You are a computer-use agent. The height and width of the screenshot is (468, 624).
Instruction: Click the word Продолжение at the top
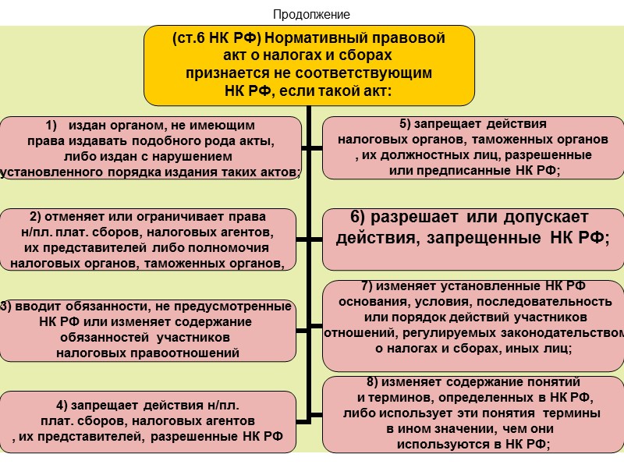[x=311, y=15]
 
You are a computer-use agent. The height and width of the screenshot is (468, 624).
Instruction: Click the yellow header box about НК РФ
[x=309, y=65]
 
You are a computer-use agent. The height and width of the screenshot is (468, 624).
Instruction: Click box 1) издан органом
[x=151, y=148]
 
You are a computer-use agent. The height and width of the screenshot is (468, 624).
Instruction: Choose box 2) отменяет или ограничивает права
[x=148, y=239]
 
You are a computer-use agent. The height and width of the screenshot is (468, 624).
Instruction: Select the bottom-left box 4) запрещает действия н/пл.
[x=148, y=421]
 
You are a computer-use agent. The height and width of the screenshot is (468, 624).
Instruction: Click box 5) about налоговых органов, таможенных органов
[x=473, y=148]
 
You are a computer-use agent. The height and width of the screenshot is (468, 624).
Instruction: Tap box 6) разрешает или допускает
[x=473, y=228]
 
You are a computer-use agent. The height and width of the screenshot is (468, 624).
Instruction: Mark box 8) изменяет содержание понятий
[x=473, y=413]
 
